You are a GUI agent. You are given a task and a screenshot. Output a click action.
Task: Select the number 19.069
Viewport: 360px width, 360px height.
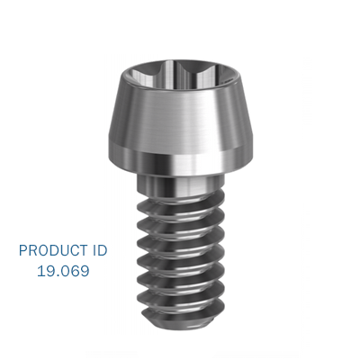[x=62, y=270]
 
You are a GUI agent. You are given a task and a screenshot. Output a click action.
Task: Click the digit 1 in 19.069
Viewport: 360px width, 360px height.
[x=40, y=270]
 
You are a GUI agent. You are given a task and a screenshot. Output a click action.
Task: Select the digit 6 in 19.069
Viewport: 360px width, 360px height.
[x=75, y=270]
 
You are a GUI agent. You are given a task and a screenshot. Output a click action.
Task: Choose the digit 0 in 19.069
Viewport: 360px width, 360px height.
[x=64, y=270]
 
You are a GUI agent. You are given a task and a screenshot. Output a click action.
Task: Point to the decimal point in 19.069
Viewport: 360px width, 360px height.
[x=57, y=274]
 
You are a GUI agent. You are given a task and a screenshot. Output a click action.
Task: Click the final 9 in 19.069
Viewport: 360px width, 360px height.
[x=85, y=270]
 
